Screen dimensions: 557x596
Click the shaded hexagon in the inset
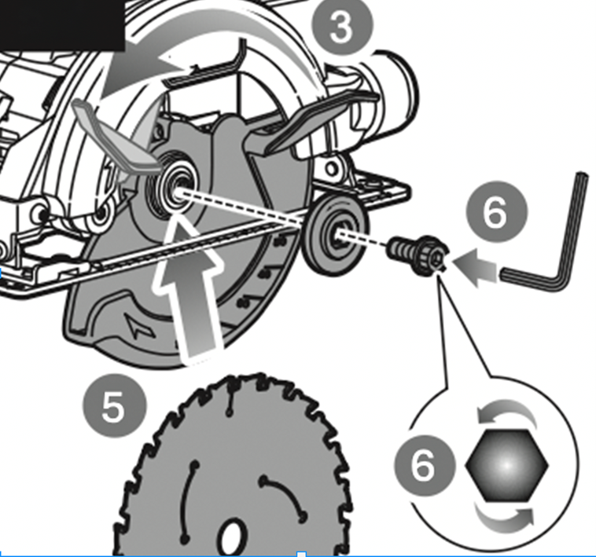click(x=506, y=466)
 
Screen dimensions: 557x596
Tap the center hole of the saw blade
click(x=230, y=538)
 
